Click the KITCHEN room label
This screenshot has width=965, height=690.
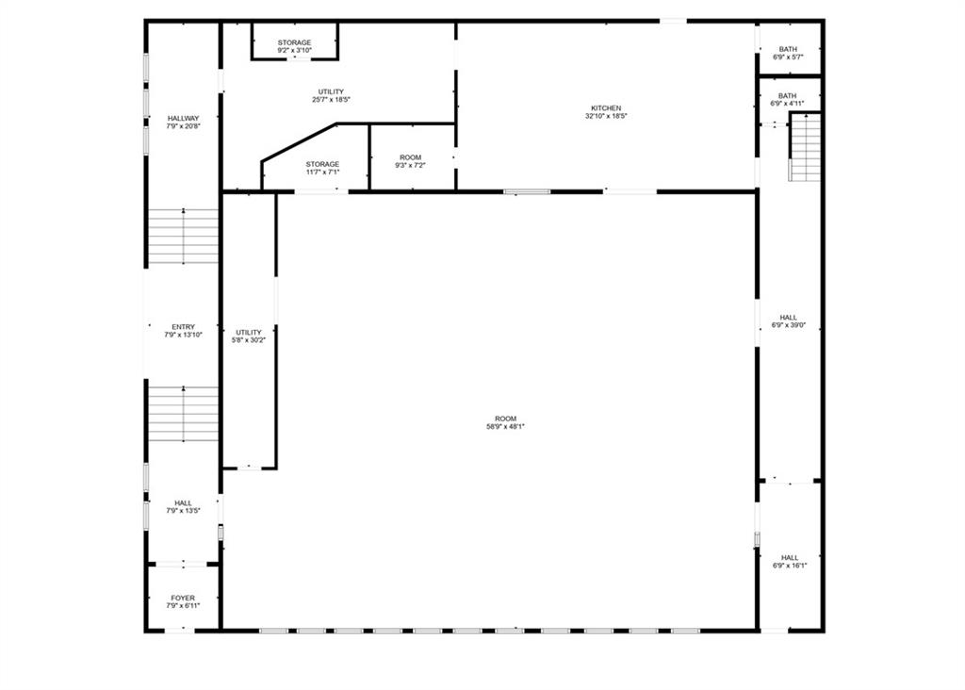click(x=606, y=108)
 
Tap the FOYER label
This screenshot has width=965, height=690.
click(x=183, y=598)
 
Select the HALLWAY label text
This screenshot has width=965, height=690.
click(x=184, y=118)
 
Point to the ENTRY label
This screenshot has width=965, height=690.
click(x=184, y=327)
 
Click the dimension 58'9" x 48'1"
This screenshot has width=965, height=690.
click(x=506, y=426)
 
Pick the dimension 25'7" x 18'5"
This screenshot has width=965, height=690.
click(x=331, y=99)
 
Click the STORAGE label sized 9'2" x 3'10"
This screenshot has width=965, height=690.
click(x=294, y=42)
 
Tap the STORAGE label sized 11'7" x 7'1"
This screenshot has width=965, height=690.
click(x=322, y=164)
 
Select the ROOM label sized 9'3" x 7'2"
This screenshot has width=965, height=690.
click(x=411, y=157)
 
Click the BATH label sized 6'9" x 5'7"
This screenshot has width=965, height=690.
click(x=788, y=49)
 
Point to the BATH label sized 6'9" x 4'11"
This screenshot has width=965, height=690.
click(x=787, y=96)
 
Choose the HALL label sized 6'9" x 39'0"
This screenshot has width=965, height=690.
click(x=789, y=318)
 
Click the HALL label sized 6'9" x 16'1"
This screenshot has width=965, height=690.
click(x=790, y=558)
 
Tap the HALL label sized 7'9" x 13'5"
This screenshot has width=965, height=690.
click(x=183, y=502)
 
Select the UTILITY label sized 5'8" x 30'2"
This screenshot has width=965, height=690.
click(x=249, y=333)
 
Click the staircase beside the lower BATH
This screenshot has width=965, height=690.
click(x=805, y=147)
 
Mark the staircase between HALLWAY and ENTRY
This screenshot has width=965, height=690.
click(x=184, y=237)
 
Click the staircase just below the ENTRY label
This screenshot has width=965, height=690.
click(x=184, y=414)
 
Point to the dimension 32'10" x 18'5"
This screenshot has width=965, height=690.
click(x=606, y=116)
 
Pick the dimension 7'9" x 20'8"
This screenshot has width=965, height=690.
click(x=184, y=125)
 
